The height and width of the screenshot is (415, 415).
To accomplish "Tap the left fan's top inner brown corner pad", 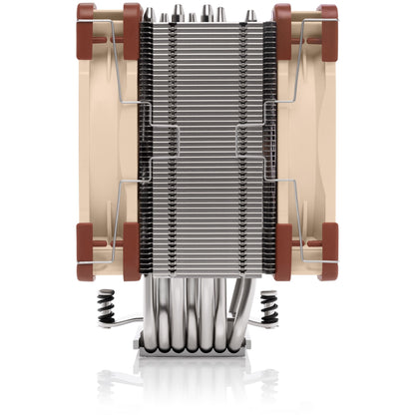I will click(131, 24).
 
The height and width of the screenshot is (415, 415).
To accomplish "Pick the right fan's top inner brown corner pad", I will click(282, 24).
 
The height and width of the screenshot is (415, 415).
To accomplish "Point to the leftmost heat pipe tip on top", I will click(149, 14).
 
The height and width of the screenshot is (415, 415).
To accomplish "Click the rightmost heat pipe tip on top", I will click(252, 14).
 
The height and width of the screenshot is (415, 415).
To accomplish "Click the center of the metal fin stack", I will click(207, 140).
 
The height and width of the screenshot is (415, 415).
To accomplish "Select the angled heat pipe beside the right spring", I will click(245, 299).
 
